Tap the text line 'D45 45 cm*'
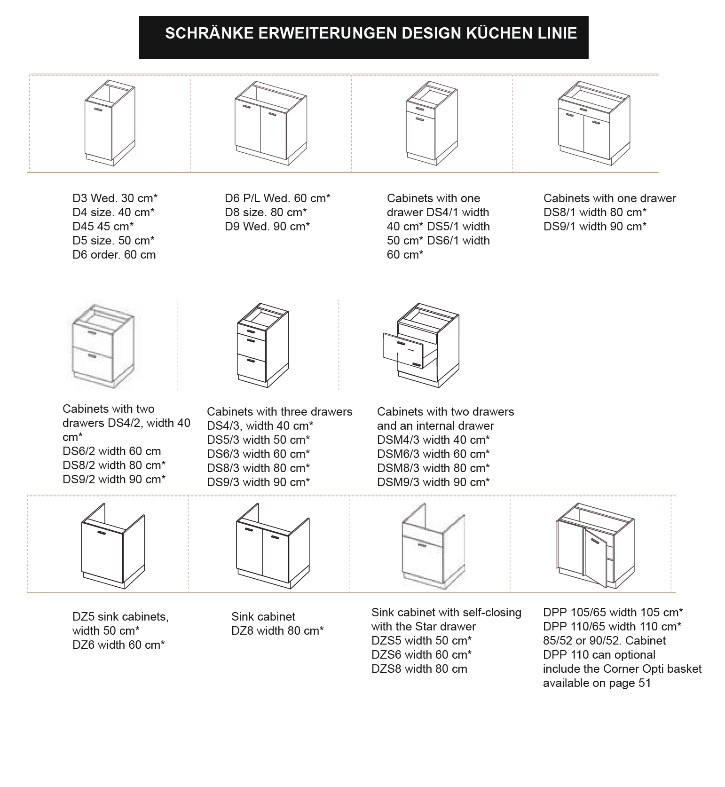pyautogui.click(x=103, y=226)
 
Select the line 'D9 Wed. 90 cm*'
pyautogui.click(x=267, y=226)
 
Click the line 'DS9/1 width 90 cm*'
pyautogui.click(x=595, y=226)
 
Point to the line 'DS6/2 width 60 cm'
pyautogui.click(x=111, y=451)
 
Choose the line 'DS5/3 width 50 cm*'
pyautogui.click(x=258, y=440)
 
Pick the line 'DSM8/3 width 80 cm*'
pyautogui.click(x=433, y=468)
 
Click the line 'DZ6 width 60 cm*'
pyautogui.click(x=118, y=645)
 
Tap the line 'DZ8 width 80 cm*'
pyautogui.click(x=277, y=630)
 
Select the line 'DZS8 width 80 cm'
pyautogui.click(x=419, y=669)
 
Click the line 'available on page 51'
pyautogui.click(x=597, y=683)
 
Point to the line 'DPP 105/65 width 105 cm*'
pyautogui.click(x=613, y=612)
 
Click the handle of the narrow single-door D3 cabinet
pyautogui.click(x=99, y=110)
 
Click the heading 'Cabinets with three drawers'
pyautogui.click(x=279, y=411)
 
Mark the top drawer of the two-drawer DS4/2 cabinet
pyautogui.click(x=93, y=338)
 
